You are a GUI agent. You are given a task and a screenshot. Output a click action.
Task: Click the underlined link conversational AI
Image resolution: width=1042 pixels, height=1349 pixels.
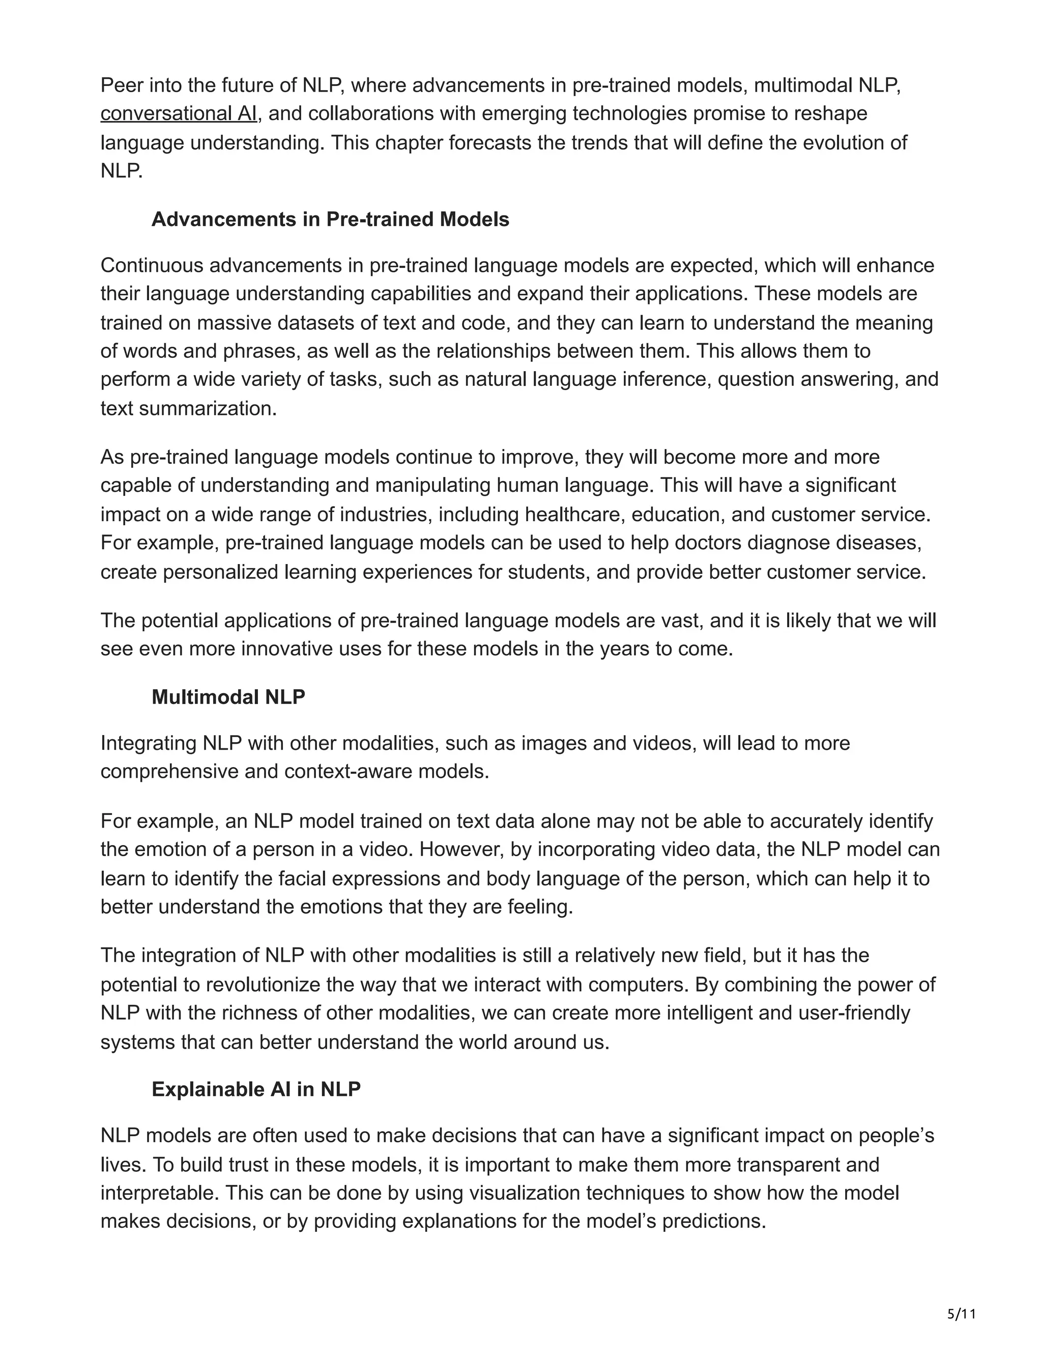(179, 114)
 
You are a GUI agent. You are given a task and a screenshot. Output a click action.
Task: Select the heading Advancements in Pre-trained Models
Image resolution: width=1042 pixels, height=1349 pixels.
(330, 219)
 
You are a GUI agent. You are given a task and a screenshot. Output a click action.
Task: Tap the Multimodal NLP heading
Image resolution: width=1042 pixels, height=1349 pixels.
(228, 697)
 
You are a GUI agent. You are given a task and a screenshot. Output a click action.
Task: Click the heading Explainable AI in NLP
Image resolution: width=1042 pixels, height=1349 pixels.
(256, 1089)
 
